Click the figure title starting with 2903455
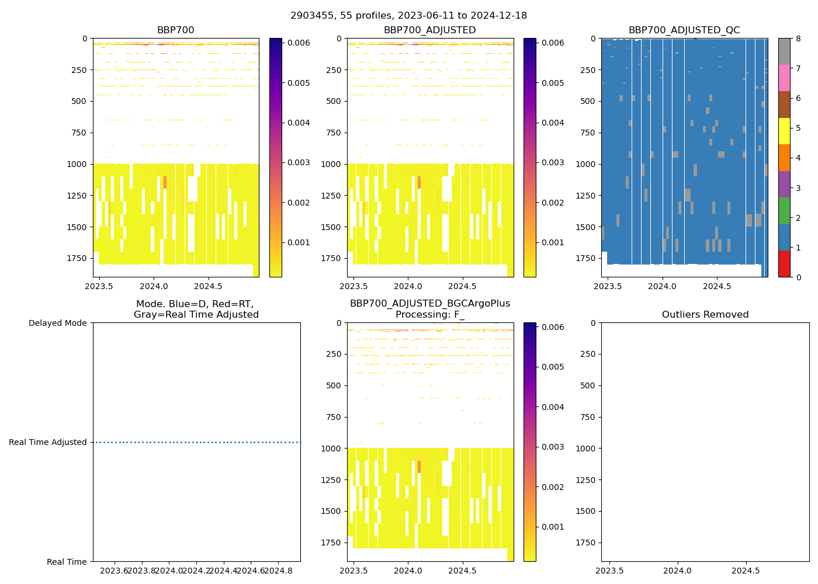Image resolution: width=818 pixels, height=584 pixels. tap(408, 16)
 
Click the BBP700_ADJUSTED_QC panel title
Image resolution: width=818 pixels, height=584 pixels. tap(684, 30)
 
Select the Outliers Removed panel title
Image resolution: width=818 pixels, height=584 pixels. tap(705, 315)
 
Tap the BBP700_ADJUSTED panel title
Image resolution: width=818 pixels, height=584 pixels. tap(429, 30)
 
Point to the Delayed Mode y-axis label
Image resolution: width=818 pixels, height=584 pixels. tap(57, 323)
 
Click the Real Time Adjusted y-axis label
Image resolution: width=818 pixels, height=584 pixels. tap(48, 443)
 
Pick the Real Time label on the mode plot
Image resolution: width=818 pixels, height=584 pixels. tap(67, 562)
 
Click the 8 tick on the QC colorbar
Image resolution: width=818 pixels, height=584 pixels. tap(798, 39)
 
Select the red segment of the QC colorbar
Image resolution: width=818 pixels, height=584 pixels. tap(784, 264)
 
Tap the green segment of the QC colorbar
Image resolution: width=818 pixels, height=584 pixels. tap(784, 211)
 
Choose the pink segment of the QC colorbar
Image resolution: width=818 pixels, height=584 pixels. tap(784, 78)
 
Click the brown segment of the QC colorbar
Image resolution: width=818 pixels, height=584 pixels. tap(784, 105)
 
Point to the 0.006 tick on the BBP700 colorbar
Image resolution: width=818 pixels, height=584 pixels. tap(298, 43)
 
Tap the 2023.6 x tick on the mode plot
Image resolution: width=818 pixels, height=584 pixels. tap(115, 571)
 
